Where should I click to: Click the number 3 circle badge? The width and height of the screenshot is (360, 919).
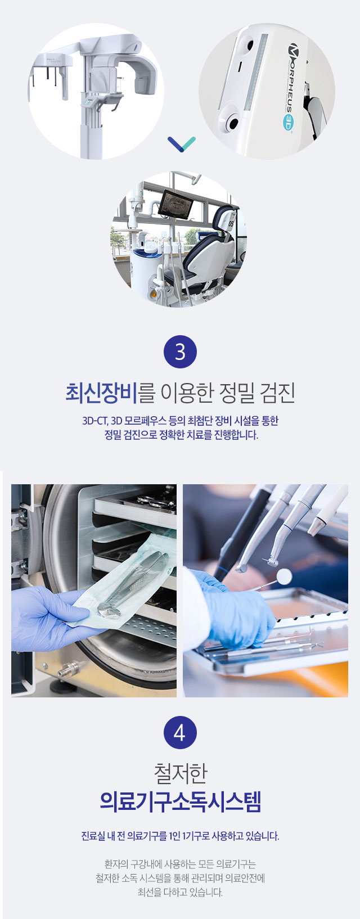(x=180, y=352)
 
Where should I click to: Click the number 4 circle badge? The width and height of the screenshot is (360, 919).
(x=180, y=732)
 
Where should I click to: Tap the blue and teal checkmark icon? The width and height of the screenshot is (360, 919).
(x=182, y=144)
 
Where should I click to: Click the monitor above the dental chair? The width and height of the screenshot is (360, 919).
(x=176, y=204)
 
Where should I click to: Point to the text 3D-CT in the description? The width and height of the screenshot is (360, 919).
(x=95, y=421)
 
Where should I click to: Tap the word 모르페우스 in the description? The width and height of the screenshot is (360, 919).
(x=146, y=421)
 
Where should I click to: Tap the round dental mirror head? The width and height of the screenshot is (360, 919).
(x=284, y=576)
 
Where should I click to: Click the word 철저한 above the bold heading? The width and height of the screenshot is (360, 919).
(x=180, y=773)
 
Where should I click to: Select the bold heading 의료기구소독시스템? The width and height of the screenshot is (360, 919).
(x=180, y=801)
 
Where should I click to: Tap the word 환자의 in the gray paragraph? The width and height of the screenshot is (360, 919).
(x=116, y=864)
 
